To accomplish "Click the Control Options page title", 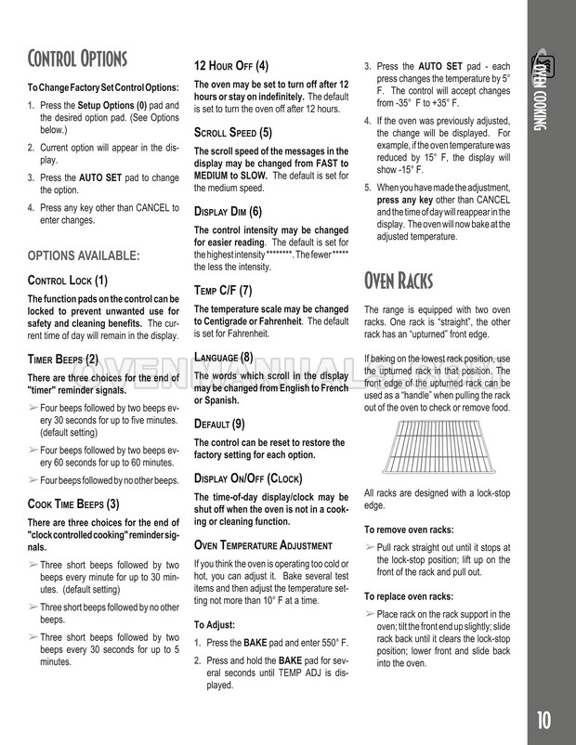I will (79, 60).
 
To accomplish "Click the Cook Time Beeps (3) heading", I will (74, 504).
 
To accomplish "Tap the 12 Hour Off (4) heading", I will (231, 65).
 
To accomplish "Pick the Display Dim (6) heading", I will (229, 211).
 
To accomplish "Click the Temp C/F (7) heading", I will (223, 290).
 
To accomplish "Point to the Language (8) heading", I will (223, 356).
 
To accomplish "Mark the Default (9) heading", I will (219, 423).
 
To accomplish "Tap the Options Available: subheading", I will (84, 254).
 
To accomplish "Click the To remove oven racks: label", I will (409, 529).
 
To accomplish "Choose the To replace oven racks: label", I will (409, 595).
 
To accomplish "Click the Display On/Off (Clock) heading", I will (248, 477).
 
